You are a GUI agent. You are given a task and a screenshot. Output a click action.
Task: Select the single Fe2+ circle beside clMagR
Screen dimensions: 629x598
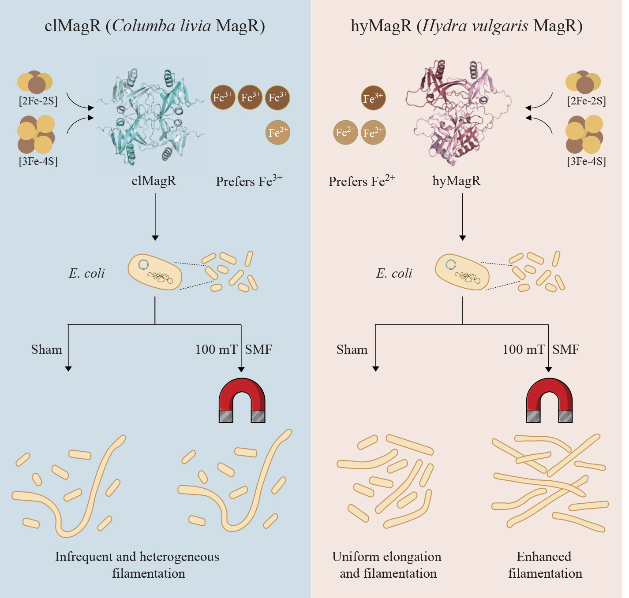point(278,132)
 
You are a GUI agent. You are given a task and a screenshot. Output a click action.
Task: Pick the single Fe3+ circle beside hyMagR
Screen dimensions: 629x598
point(373,98)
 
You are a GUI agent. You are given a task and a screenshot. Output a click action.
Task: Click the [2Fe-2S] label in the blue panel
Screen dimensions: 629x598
point(38,101)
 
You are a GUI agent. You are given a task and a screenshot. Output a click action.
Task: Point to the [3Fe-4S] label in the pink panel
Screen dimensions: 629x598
point(587,161)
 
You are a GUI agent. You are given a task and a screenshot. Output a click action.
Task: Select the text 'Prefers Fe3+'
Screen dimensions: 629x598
point(249,181)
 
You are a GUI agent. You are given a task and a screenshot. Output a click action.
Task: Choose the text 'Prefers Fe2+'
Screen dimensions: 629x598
point(362,181)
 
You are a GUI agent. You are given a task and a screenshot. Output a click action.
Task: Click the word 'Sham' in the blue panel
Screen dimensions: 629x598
point(46,349)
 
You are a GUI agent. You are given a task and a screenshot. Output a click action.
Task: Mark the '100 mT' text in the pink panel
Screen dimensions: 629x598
point(524,349)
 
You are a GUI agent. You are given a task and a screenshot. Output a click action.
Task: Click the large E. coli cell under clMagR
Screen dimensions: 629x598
point(155,272)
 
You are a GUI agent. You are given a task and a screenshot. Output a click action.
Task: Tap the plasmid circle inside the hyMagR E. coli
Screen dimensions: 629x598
point(451,265)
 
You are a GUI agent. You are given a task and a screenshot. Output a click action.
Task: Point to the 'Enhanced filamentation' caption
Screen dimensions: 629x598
point(545,565)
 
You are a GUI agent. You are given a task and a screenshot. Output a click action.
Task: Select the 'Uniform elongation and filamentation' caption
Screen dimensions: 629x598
point(387,565)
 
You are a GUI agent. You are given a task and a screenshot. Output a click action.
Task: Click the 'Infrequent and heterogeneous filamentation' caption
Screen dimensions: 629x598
point(138,565)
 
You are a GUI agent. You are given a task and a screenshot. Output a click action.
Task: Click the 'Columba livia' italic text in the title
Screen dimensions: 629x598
point(161,26)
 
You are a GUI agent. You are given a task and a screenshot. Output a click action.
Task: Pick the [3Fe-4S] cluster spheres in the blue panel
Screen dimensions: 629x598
point(36,134)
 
